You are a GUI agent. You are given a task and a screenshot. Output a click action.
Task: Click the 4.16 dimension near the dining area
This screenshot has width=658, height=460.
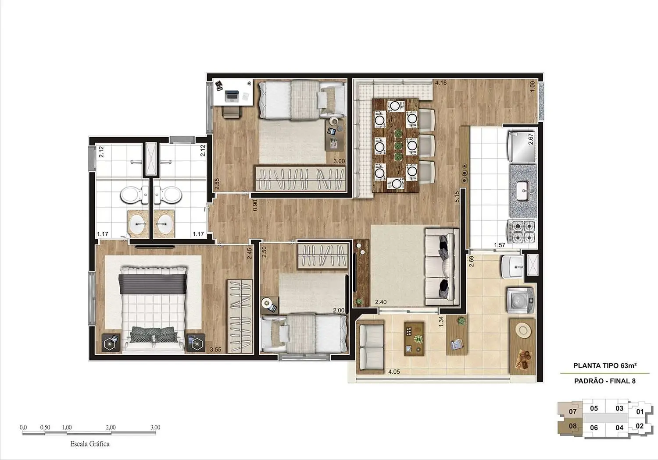coord(440,82)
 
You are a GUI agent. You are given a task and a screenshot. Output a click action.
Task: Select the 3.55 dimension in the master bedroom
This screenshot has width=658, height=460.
coord(215,350)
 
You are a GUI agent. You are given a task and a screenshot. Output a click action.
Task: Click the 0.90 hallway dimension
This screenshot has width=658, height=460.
coord(255,205)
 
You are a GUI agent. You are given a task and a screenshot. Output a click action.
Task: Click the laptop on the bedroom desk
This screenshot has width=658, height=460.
coord(232,95)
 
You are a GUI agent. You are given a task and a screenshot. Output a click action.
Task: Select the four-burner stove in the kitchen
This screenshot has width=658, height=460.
coord(523,231)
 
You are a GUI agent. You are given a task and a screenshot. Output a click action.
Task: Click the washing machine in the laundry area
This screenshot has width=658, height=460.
coord(520,299)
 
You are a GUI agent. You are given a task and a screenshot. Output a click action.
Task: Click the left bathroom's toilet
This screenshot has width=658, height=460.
coord(132,195)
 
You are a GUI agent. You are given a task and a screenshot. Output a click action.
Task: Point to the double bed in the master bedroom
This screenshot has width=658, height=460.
coord(153,307)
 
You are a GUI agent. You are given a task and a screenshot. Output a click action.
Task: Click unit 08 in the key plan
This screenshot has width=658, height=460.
coord(572,426)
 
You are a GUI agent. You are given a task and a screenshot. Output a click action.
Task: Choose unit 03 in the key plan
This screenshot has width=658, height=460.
coord(619,408)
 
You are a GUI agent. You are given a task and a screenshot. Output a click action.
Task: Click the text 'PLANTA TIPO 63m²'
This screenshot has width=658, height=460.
coord(605,365)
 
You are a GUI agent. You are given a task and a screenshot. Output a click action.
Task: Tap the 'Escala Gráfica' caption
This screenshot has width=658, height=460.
coord(90,444)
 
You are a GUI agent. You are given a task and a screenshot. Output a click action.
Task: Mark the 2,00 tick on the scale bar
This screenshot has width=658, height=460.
coord(111,427)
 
